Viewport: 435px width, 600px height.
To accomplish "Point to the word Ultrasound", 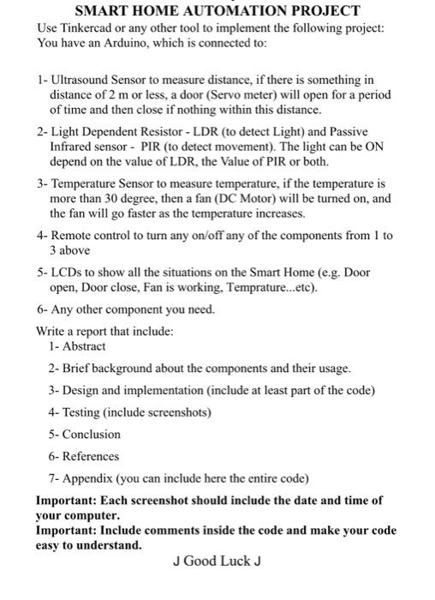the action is (82, 80).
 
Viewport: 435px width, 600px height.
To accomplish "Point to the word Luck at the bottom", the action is (232, 561).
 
